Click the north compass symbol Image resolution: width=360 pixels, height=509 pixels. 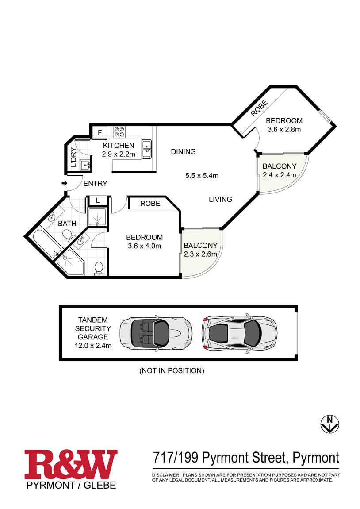pos(329,424)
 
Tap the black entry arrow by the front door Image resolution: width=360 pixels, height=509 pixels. pos(65,183)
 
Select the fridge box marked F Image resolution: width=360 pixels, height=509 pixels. pos(100,132)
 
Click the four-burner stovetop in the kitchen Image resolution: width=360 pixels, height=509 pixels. pos(119,131)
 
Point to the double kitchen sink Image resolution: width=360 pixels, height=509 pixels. pos(146,149)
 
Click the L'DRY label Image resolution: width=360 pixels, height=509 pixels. pos(73,158)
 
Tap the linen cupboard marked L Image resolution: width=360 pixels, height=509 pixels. pos(98,201)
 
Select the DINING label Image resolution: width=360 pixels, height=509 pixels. pos(183,152)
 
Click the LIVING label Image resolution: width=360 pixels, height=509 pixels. pos(221,199)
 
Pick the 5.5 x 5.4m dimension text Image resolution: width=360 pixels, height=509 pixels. pos(202,176)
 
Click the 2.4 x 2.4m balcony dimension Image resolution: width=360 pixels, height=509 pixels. pos(280,175)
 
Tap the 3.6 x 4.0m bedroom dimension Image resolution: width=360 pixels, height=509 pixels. pos(144,246)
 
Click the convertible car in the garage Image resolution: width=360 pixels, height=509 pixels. pos(155,333)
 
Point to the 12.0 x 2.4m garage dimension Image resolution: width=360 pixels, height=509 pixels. pos(93,346)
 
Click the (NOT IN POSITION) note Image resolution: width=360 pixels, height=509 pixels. pos(172,371)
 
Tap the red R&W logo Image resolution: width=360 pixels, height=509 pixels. pos(71,464)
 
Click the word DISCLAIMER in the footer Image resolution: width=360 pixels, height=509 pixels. pos(166,475)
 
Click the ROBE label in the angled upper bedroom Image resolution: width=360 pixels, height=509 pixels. pos(259,108)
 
